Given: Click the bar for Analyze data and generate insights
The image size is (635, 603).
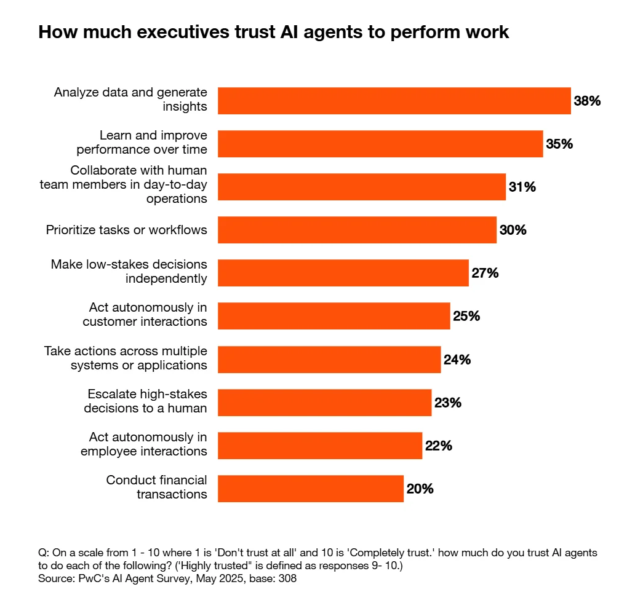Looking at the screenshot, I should (x=394, y=101).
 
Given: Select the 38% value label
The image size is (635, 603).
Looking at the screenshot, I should (x=587, y=101).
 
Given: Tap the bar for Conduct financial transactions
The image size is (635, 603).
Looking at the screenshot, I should (x=311, y=489).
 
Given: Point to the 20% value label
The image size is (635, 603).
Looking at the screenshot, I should (x=420, y=489).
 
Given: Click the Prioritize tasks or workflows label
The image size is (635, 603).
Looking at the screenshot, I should (x=126, y=230).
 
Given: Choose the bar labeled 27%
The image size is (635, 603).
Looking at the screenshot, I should (x=343, y=273).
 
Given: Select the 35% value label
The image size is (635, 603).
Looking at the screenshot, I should (x=559, y=144).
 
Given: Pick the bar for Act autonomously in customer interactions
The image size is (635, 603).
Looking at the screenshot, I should (x=333, y=316).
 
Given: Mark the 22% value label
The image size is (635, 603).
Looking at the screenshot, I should (x=438, y=446).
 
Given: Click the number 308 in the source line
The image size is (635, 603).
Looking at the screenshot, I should (x=287, y=579).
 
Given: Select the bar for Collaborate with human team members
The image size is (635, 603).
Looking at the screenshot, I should (x=361, y=187).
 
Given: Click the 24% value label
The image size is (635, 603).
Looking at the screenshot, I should (x=457, y=360).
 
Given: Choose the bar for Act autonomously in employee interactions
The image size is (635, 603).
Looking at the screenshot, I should (x=320, y=446).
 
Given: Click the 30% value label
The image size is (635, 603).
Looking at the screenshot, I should (x=513, y=230).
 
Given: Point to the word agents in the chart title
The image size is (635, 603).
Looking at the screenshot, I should (x=316, y=32).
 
